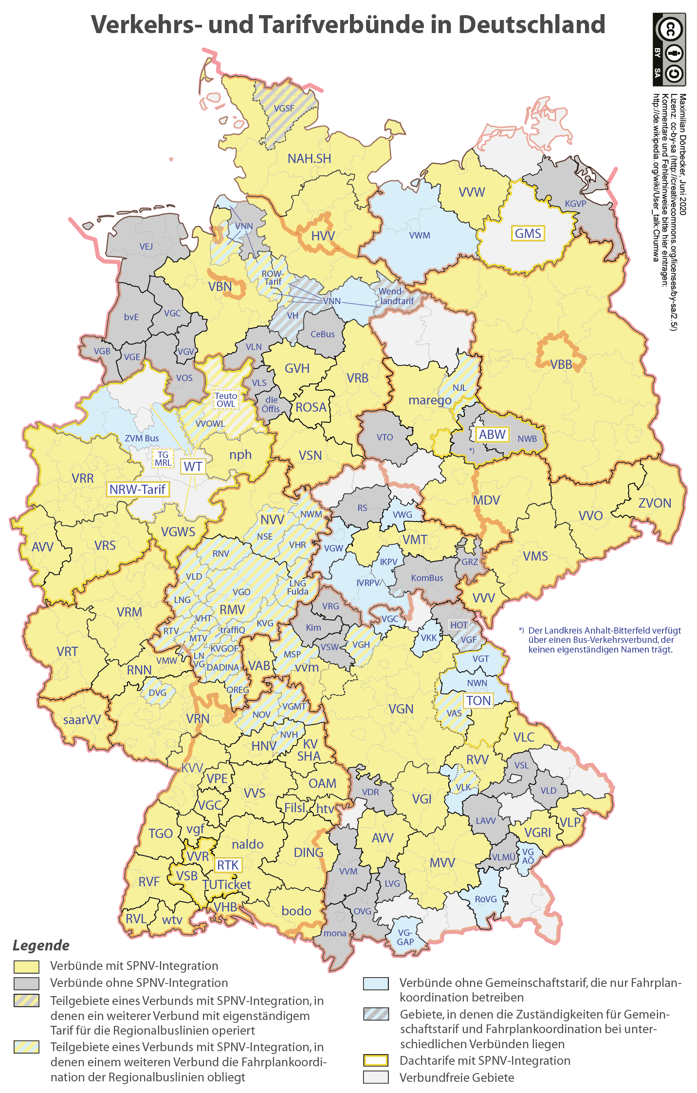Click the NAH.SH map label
click(x=309, y=159)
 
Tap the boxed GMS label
click(x=528, y=234)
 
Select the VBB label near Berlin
click(x=561, y=364)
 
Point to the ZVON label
click(x=654, y=503)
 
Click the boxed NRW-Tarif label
click(x=137, y=490)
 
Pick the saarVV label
click(x=82, y=720)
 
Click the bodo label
click(x=296, y=911)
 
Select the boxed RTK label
click(x=228, y=865)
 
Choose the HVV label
click(x=323, y=237)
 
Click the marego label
click(x=430, y=400)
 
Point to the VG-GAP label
click(x=405, y=937)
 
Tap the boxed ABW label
click(x=492, y=435)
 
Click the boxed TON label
click(x=478, y=701)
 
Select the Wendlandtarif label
click(x=396, y=296)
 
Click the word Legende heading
click(x=41, y=946)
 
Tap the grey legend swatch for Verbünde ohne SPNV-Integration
click(x=26, y=983)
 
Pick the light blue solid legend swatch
click(x=376, y=984)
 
